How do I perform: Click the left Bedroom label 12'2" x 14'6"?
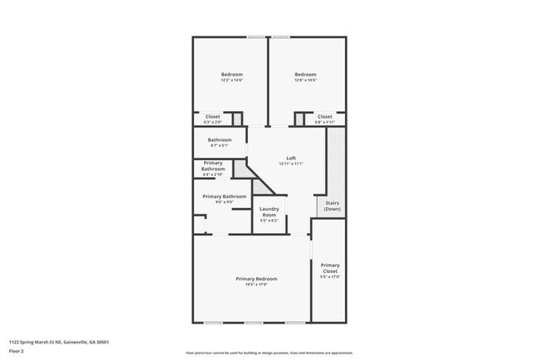[x=231, y=76]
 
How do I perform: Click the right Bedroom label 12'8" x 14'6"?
[x=305, y=76]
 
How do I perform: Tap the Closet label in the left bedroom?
[x=213, y=119]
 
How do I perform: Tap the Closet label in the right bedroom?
[x=324, y=119]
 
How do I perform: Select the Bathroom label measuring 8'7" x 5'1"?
[x=219, y=142]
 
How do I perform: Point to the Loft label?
[x=291, y=158]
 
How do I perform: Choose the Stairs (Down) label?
[x=332, y=207]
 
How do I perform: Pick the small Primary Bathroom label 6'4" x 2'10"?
[x=213, y=168]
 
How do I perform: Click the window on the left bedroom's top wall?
[x=256, y=36]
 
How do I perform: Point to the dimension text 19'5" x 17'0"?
[x=255, y=285]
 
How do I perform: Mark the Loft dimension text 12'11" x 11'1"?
[x=291, y=164]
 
